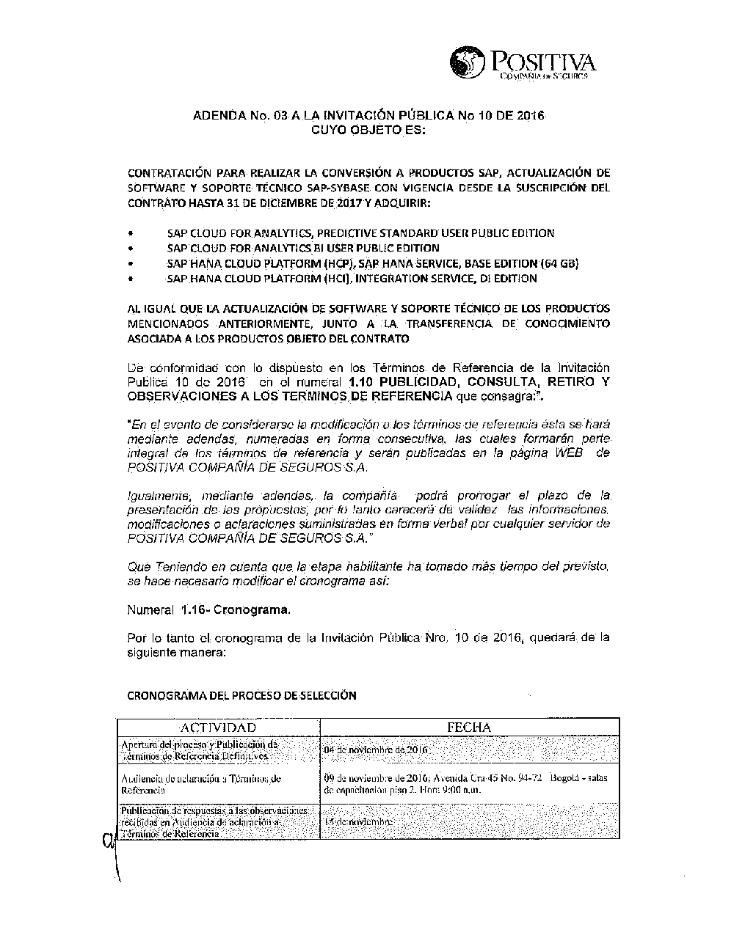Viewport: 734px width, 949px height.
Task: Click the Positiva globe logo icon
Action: (x=467, y=62)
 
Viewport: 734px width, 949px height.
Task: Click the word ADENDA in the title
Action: (x=217, y=116)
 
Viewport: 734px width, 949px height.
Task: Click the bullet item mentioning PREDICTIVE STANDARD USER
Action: (x=360, y=233)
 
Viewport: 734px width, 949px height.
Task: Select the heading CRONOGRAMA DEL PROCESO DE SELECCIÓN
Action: (x=241, y=695)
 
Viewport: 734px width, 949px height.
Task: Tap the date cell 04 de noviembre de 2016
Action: (x=375, y=750)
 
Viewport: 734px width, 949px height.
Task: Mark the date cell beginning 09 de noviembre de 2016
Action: (x=465, y=784)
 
